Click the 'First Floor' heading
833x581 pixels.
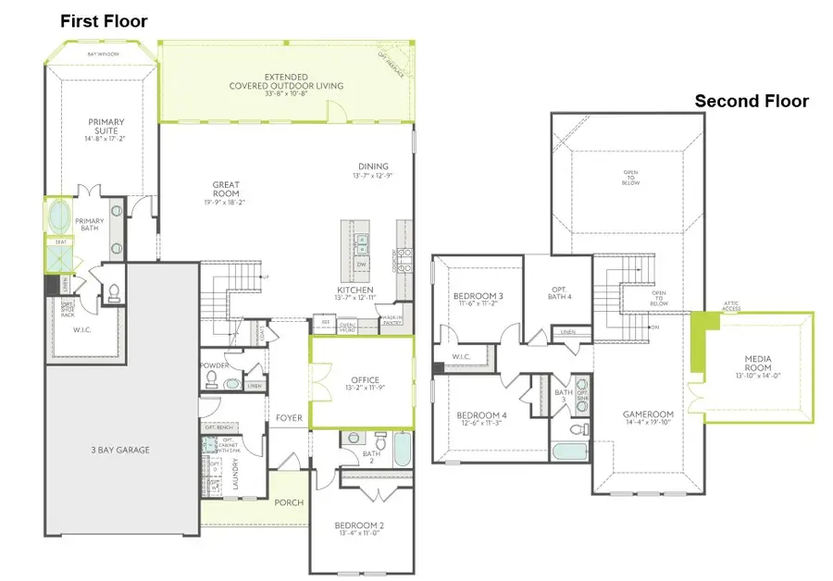[x=104, y=21]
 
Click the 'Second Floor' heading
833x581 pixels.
[x=752, y=101]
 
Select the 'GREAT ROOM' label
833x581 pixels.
[x=227, y=190]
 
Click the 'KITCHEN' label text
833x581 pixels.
[x=354, y=290]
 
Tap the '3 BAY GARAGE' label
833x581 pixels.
[x=121, y=451]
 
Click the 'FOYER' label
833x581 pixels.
[x=289, y=418]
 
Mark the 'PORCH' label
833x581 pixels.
[x=288, y=503]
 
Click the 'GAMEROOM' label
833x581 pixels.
[x=648, y=414]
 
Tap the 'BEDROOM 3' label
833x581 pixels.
[x=479, y=297]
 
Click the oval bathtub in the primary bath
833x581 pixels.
[x=57, y=216]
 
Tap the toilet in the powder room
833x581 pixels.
[x=210, y=377]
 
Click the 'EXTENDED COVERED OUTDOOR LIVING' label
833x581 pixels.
[x=286, y=81]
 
